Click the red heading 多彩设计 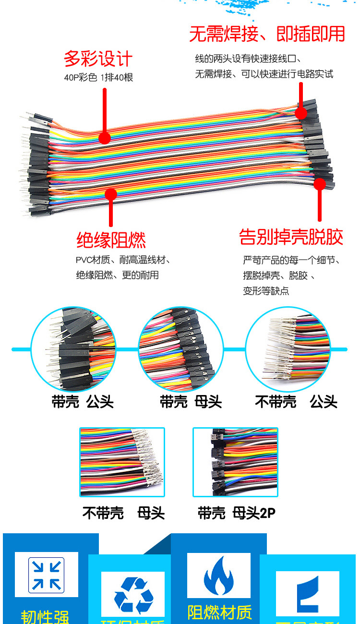[98, 60]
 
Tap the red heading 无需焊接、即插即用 [267, 34]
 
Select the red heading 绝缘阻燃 [111, 240]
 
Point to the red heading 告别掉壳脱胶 [291, 237]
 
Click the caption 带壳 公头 [83, 402]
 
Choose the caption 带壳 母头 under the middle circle [191, 402]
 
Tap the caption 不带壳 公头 [296, 402]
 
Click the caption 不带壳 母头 [123, 513]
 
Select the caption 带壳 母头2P [237, 513]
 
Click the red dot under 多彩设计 [105, 138]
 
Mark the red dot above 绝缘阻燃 [111, 194]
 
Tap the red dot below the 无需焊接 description [301, 113]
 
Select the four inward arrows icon [46, 574]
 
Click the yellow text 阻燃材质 [219, 612]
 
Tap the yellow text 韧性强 [45, 617]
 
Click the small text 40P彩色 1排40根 [98, 77]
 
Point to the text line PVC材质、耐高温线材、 [123, 260]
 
